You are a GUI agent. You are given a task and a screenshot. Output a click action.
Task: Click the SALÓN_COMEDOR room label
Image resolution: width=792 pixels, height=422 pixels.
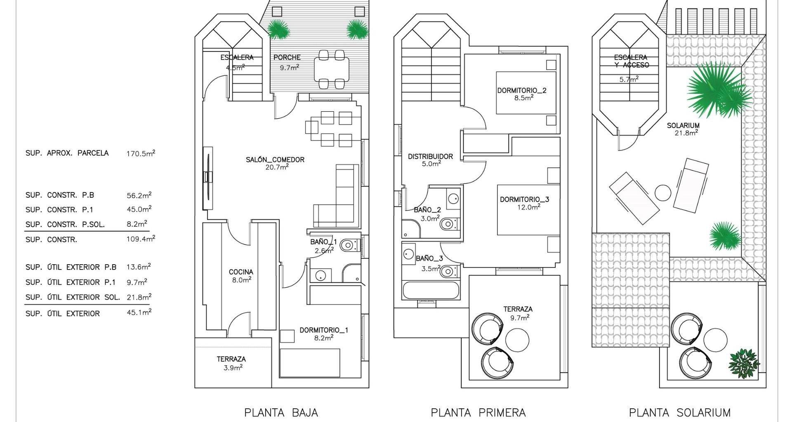click(x=275, y=159)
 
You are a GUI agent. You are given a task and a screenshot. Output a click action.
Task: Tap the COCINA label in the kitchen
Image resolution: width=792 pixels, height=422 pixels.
click(x=241, y=272)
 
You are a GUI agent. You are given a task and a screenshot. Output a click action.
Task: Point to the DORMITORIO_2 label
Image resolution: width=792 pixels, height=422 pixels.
click(x=521, y=90)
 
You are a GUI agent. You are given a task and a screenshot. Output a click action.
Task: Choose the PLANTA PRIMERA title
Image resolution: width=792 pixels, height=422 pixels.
click(x=478, y=412)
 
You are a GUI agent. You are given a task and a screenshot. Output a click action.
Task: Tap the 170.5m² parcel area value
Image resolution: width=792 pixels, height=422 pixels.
click(x=141, y=153)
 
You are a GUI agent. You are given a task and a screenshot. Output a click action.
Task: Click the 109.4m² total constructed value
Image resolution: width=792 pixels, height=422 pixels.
click(x=141, y=239)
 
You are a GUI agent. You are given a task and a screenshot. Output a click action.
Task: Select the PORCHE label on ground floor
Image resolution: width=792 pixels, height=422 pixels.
click(x=287, y=58)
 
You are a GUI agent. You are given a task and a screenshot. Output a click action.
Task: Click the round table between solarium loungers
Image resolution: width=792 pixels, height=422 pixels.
click(x=663, y=192)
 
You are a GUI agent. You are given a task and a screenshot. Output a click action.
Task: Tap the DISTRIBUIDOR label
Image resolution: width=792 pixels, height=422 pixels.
click(x=430, y=157)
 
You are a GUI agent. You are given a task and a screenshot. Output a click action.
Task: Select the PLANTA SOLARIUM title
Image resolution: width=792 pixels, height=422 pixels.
click(x=679, y=412)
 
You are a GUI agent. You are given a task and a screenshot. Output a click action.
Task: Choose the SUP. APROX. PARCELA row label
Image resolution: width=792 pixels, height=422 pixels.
click(x=67, y=153)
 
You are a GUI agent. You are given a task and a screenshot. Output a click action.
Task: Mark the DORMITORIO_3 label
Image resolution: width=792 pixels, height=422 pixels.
click(x=524, y=199)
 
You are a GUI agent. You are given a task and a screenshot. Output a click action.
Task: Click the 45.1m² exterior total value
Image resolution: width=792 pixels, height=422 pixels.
click(x=139, y=312)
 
